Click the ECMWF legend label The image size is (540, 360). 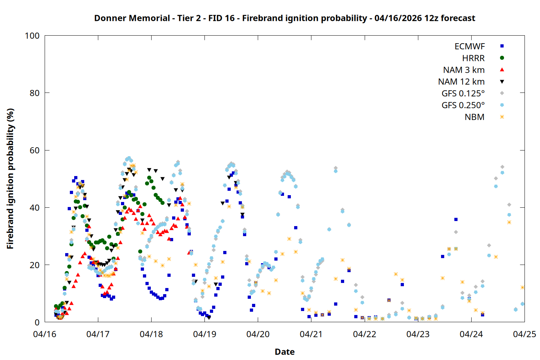click(469, 46)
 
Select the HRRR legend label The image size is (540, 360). click(473, 58)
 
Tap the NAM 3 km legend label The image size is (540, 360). click(464, 70)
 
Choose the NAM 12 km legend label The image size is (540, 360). click(461, 82)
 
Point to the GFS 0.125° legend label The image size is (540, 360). click(463, 94)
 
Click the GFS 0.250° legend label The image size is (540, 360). click(463, 105)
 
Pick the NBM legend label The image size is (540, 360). click(474, 117)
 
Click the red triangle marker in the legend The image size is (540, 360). click(502, 69)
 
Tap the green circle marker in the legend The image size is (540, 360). click(502, 58)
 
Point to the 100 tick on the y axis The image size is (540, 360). click(32, 36)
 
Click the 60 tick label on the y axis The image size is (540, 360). click(35, 150)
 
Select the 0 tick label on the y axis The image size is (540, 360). click(37, 322)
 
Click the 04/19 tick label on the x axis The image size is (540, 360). click(204, 334)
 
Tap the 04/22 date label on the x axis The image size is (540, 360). click(364, 334)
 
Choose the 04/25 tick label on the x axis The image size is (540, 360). click(524, 334)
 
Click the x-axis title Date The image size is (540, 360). click(284, 352)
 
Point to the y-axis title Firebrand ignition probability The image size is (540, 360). click(10, 179)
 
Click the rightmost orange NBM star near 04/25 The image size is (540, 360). click(522, 287)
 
